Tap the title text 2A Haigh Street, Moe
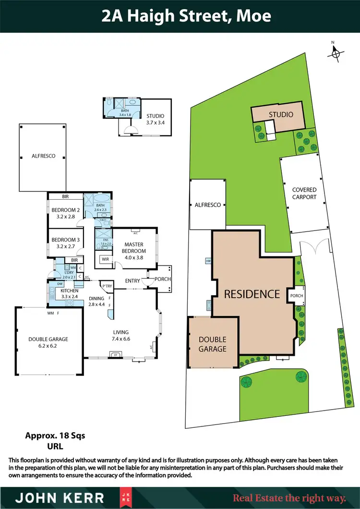(x=186, y=16)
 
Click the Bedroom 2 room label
(x=65, y=213)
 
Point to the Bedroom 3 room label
(x=65, y=243)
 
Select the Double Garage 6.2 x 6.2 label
(x=48, y=342)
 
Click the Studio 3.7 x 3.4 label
(x=155, y=119)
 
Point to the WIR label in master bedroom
(x=104, y=260)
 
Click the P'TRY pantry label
(x=107, y=287)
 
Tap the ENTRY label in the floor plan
(x=132, y=280)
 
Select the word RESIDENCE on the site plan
(x=252, y=294)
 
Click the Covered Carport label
(x=304, y=194)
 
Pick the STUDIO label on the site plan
(x=280, y=114)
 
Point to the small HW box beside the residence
(x=208, y=261)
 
